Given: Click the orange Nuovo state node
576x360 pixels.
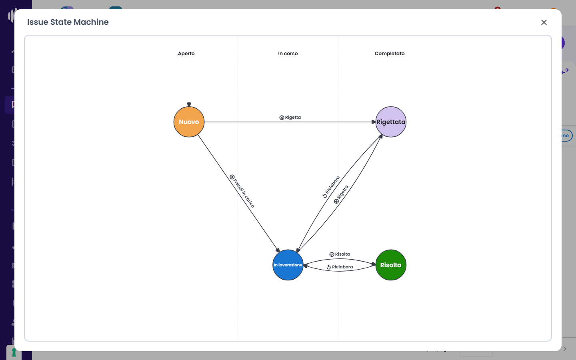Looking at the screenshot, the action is (x=189, y=122).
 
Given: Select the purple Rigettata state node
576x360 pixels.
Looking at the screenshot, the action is (x=390, y=122).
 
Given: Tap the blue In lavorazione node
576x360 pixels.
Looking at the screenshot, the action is (x=288, y=265).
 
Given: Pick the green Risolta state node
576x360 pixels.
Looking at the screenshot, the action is (x=390, y=265).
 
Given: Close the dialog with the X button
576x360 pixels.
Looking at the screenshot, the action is (x=544, y=23).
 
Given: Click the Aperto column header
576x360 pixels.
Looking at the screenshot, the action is (x=186, y=54).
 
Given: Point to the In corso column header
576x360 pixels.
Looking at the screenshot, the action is (x=288, y=54).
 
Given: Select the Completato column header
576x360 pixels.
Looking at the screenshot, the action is (x=389, y=54).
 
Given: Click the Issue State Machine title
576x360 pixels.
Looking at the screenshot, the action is (x=68, y=22).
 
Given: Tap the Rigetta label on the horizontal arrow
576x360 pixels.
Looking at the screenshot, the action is (x=293, y=117).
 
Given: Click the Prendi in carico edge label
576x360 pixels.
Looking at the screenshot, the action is (x=244, y=193).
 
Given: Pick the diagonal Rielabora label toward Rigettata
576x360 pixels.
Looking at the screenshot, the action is (x=332, y=185).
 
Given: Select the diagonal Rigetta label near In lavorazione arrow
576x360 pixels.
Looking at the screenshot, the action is (x=342, y=192).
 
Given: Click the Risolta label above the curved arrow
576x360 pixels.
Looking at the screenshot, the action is (x=342, y=254).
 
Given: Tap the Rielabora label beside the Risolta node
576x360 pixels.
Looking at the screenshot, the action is (x=342, y=267).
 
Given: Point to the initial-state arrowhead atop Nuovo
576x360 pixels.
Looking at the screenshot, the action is (x=189, y=104).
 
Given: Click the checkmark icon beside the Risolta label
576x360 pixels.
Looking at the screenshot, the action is (x=332, y=254).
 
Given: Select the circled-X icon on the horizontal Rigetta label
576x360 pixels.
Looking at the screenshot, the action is (x=282, y=118).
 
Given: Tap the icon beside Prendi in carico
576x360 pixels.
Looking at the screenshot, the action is (x=232, y=177).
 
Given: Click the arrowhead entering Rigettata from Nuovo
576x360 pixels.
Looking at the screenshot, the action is (x=374, y=122).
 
